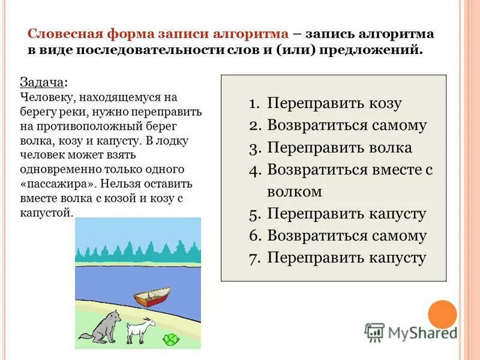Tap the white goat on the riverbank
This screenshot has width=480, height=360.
140,330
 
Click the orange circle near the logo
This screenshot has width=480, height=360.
443,314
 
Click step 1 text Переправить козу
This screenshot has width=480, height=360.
334,103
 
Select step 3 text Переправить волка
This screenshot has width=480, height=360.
340,148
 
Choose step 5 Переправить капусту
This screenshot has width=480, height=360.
346,214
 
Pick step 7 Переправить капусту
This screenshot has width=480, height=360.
346,258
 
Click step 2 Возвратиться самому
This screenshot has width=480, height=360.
347,125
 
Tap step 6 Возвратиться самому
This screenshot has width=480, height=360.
347,236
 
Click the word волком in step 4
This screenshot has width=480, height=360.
295,192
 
